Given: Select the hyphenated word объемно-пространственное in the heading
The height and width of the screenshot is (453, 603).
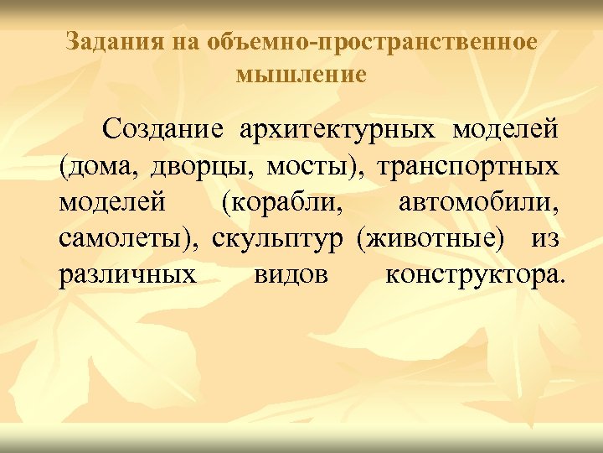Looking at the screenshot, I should point(377,41).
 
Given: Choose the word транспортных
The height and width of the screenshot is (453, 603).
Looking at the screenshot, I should point(468,167).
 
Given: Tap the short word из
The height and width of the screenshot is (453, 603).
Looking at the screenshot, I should point(544,239).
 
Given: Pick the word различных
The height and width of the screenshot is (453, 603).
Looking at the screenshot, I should point(128,275).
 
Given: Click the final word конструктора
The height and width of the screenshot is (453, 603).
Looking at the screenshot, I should point(475,275).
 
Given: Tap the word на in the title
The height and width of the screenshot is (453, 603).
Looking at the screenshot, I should point(184,41).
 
